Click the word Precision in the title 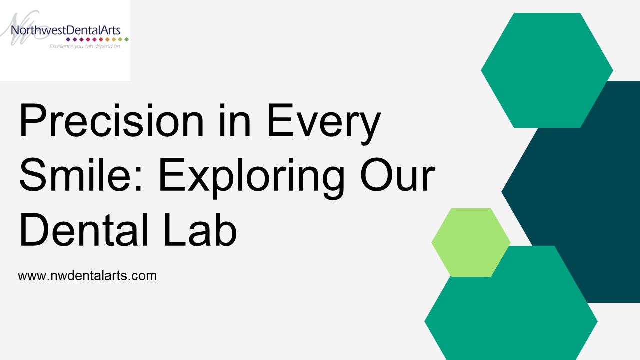click(x=111, y=121)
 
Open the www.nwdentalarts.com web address click(x=87, y=275)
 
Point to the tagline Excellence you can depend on click(x=85, y=46)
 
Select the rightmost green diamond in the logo click(x=127, y=39)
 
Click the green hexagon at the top click(x=547, y=70)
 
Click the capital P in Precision click(x=31, y=121)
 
